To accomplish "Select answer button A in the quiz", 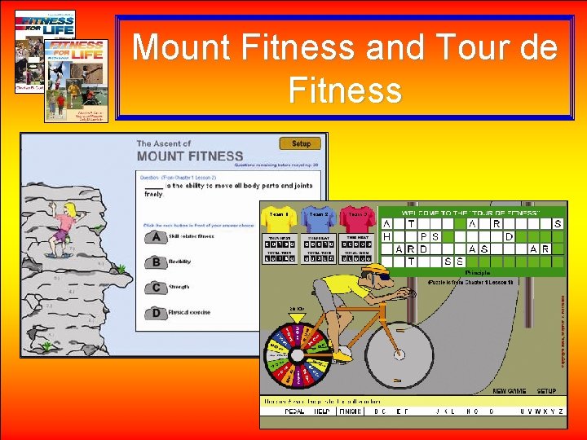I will click(155, 237).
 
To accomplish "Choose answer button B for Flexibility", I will click(155, 262).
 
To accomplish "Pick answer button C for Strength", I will click(155, 288).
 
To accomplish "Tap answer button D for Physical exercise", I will click(155, 312).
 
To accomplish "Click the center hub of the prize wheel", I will click(298, 355).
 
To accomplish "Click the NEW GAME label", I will click(510, 391).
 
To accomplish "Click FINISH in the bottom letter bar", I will click(351, 412).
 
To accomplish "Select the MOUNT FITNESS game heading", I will click(190, 156).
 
